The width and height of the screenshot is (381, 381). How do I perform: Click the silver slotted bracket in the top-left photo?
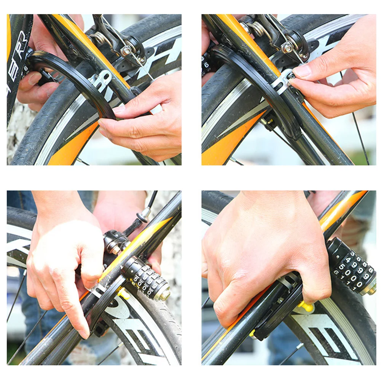click(101, 80)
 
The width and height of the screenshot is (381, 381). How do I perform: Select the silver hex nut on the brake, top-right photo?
click(287, 48)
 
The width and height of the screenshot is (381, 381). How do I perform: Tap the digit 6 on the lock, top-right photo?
click(206, 64)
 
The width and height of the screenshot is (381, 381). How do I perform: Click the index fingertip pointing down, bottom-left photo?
click(84, 333)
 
